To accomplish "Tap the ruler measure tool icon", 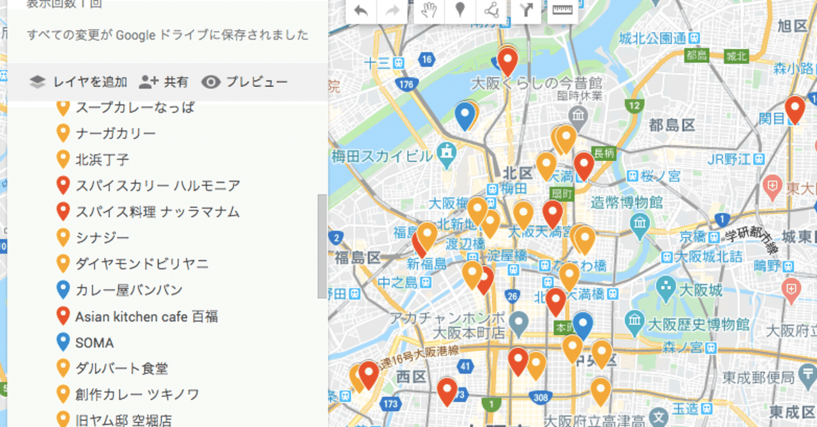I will click(x=560, y=10).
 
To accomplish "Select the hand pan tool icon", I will click(x=429, y=10).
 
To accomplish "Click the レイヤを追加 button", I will click(x=79, y=82).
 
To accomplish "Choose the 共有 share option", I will click(x=164, y=82).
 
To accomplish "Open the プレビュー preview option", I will click(x=244, y=82).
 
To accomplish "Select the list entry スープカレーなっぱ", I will click(x=135, y=107).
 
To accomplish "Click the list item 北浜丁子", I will click(x=102, y=159).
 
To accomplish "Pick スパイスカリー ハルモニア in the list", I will click(x=158, y=186).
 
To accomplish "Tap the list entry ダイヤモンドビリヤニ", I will click(x=142, y=264).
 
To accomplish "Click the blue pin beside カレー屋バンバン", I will click(x=63, y=290).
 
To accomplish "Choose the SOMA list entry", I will click(x=94, y=343).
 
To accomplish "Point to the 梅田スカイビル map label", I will click(x=382, y=156).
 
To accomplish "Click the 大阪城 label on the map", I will click(x=701, y=290).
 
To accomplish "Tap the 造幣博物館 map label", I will click(x=627, y=203).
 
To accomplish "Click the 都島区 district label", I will click(x=671, y=124).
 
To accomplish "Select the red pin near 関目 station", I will click(x=795, y=109).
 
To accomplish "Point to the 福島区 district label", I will click(x=357, y=258).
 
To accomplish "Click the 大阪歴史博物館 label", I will click(x=701, y=318).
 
